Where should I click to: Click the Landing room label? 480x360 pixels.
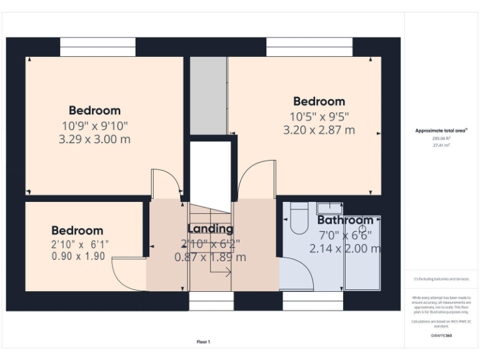coord(211,229)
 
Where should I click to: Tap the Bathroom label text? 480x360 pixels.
coord(345,220)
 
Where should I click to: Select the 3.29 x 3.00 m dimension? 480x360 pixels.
coord(94,139)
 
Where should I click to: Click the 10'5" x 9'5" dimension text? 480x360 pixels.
coord(319,116)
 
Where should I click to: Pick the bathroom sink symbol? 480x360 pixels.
coord(329,207)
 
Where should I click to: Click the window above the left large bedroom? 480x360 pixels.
coord(97,47)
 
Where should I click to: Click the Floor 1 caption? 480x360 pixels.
coord(204,342)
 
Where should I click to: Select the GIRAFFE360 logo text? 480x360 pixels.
coord(441,336)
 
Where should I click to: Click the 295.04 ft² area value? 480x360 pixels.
coord(441,138)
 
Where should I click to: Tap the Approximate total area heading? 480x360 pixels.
coord(441,131)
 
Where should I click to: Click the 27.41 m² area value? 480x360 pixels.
coord(441,144)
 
